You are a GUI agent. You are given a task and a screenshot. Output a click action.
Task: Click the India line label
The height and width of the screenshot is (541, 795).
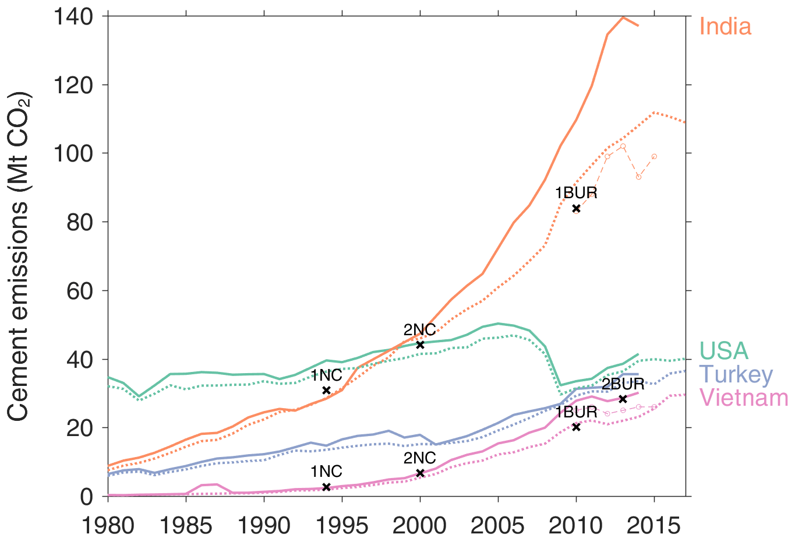pyautogui.click(x=725, y=27)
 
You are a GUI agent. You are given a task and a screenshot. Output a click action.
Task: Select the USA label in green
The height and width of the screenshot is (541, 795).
pyautogui.click(x=724, y=351)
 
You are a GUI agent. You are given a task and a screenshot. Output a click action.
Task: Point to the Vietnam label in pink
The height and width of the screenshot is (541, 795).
pyautogui.click(x=744, y=398)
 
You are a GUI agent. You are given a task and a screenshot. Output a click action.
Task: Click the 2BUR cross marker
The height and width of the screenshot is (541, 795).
pyautogui.click(x=623, y=399)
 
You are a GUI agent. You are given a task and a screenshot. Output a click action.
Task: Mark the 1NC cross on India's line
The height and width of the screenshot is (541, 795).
pyautogui.click(x=326, y=390)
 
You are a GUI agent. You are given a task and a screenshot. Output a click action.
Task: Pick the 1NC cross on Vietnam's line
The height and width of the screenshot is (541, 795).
pyautogui.click(x=326, y=487)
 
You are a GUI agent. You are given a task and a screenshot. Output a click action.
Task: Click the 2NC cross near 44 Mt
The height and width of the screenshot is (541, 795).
pyautogui.click(x=420, y=345)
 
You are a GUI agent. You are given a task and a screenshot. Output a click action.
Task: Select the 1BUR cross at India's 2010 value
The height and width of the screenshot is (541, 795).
pyautogui.click(x=576, y=209)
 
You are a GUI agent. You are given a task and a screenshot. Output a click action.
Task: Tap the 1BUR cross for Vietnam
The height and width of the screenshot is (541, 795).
pyautogui.click(x=576, y=427)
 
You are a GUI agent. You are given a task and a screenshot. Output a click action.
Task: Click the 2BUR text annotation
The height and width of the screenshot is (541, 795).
pyautogui.click(x=623, y=384)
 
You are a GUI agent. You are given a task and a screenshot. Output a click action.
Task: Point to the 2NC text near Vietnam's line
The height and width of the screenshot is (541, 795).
pyautogui.click(x=419, y=458)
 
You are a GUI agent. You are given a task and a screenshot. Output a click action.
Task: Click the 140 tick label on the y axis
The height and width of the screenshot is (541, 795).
pyautogui.click(x=73, y=17)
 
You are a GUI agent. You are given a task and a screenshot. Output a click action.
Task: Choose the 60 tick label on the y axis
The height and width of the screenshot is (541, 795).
pyautogui.click(x=80, y=291)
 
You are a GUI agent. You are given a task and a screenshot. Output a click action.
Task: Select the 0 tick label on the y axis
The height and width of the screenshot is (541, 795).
pyautogui.click(x=87, y=497)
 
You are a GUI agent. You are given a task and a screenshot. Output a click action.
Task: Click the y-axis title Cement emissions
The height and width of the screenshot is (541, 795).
pyautogui.click(x=19, y=257)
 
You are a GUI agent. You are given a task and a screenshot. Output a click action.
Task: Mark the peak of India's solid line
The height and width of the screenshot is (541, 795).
pyautogui.click(x=623, y=17)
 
